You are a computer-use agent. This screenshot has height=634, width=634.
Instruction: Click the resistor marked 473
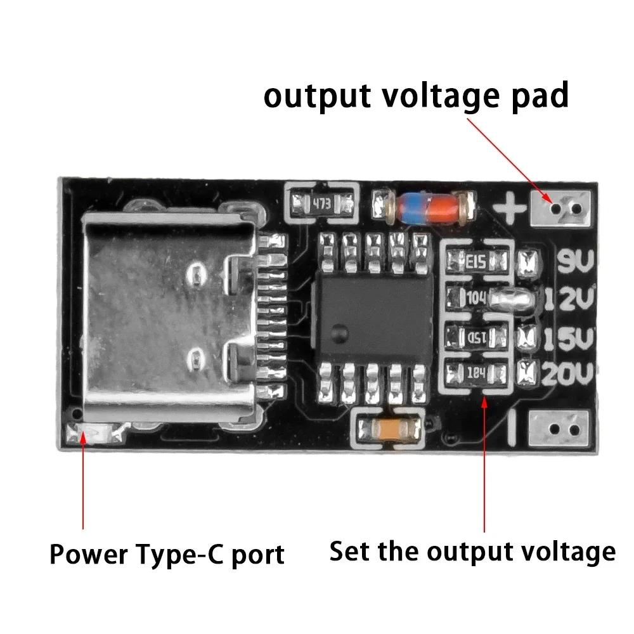coord(322,204)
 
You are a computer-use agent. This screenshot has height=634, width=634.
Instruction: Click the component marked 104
coord(477,297)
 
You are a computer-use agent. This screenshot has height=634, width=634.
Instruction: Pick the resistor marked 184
coord(477,373)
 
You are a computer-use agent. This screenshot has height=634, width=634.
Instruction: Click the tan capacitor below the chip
coord(388,430)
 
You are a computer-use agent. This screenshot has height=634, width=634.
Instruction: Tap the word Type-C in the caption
coord(192,555)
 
